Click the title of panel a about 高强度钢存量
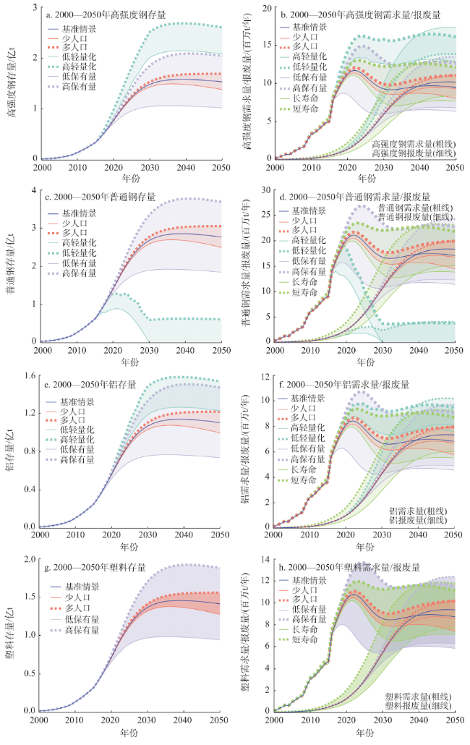tap(101, 13)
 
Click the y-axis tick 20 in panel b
tap(265, 8)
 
